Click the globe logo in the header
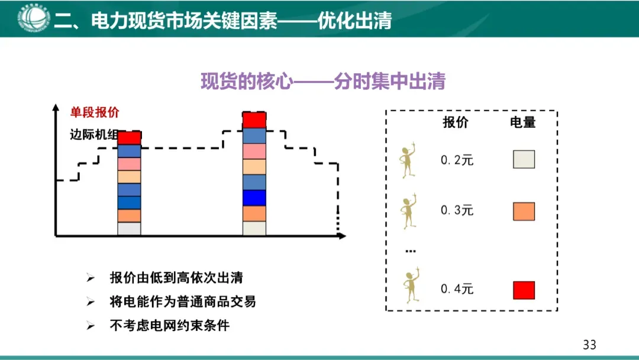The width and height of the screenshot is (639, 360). (33, 18)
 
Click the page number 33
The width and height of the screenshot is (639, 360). (589, 345)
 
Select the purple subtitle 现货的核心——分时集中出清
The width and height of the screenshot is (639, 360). (322, 81)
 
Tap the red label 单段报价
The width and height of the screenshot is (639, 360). (95, 113)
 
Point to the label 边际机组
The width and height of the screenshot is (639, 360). (93, 134)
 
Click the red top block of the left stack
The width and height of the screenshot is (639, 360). (129, 138)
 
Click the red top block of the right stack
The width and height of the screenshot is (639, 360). (254, 120)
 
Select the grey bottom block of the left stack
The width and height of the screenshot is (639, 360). (129, 229)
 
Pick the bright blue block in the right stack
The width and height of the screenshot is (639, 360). (254, 198)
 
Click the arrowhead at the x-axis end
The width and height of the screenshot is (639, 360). (341, 236)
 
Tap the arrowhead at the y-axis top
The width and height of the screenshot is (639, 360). (56, 108)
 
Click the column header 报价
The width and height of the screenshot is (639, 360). (455, 123)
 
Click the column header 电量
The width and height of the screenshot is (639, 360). (523, 123)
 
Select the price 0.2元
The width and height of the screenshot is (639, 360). (457, 160)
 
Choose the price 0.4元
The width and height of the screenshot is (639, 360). (457, 290)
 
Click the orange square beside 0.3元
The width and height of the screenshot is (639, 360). (524, 211)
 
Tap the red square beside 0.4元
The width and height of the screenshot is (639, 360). (524, 290)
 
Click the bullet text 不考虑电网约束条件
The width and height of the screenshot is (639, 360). (169, 325)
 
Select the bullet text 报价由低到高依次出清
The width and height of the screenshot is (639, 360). (176, 278)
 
